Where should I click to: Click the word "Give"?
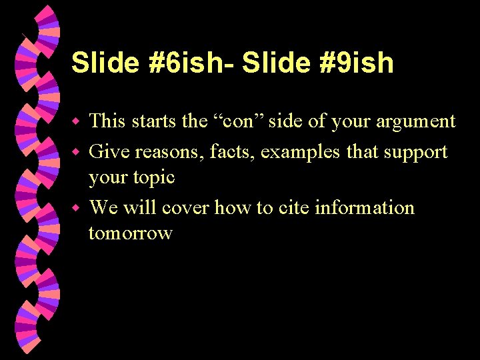click(x=109, y=151)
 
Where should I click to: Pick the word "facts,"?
click(x=233, y=151)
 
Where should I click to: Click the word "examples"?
click(x=301, y=152)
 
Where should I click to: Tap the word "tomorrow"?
click(x=130, y=233)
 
